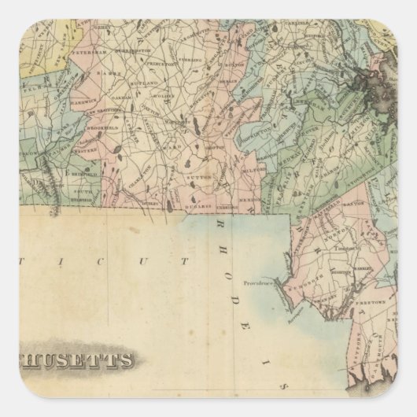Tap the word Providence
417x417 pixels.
(x=259, y=280)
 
